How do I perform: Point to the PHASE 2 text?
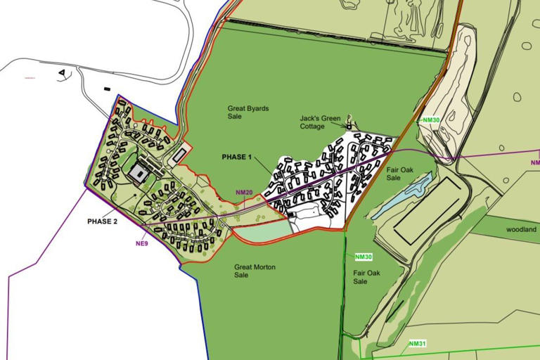tap(103, 221)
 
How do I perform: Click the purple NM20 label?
tap(244, 193)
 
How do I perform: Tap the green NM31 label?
tap(418, 344)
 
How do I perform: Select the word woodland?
tap(521, 230)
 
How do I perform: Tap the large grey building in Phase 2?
tap(139, 173)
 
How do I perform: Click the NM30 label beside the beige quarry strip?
tap(431, 120)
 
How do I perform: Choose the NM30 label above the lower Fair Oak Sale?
tap(364, 257)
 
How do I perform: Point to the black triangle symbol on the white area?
tap(63, 72)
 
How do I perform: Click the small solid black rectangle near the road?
tap(106, 89)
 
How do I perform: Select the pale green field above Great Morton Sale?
tap(262, 229)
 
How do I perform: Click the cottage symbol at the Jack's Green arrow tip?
tap(349, 126)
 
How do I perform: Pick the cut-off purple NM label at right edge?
tap(535, 162)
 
